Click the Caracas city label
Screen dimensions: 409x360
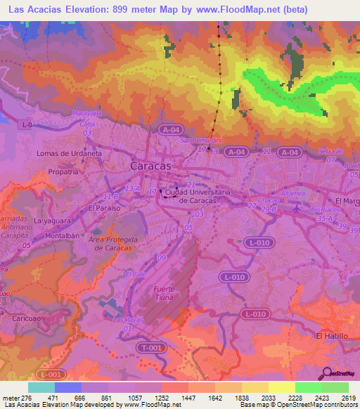pos(150,167)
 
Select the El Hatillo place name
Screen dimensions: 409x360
pos(332,337)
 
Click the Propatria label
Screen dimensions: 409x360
pos(63,171)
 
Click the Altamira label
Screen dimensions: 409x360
pos(292,191)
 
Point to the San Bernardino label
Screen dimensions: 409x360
pos(202,140)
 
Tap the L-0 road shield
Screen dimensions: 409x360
pos(27,125)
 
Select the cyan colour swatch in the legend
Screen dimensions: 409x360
pos(41,387)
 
